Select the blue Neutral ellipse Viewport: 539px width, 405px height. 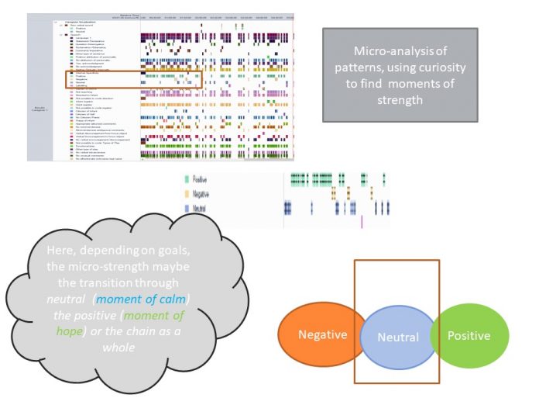(x=397, y=337)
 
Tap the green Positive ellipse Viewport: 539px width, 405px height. (x=469, y=335)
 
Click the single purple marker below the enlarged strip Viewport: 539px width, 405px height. (x=362, y=221)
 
